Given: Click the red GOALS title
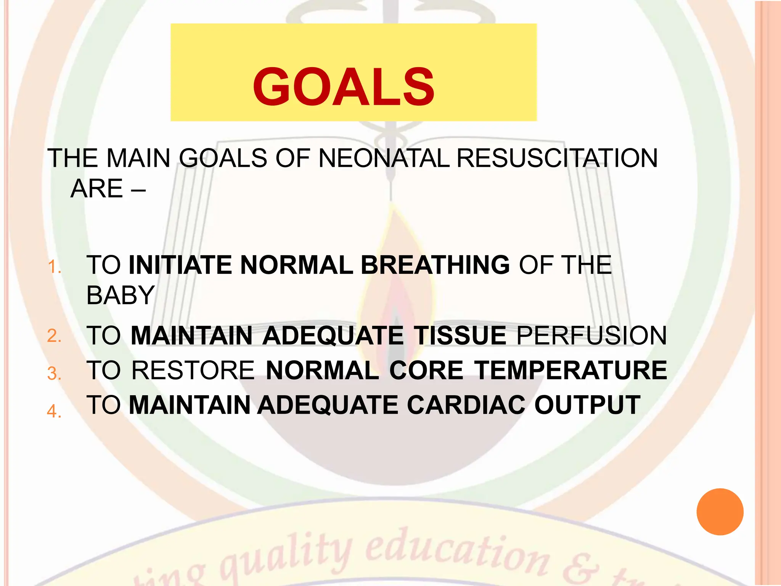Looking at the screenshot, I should click(x=344, y=87).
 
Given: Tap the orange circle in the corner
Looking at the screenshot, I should click(x=720, y=512).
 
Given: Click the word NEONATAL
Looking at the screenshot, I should click(x=384, y=158).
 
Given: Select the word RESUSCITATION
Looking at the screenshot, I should click(x=557, y=158).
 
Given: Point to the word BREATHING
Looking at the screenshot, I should click(x=435, y=265).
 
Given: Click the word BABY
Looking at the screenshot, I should click(x=121, y=295).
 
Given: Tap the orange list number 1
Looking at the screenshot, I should click(x=55, y=267).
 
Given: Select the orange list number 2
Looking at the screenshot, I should click(x=54, y=336).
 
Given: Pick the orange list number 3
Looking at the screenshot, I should click(x=54, y=373).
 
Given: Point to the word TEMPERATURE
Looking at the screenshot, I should click(x=571, y=370).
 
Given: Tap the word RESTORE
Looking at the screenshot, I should click(x=193, y=370).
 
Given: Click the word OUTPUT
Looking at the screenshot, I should click(x=587, y=405).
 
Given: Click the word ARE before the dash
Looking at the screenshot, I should click(x=97, y=188).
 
